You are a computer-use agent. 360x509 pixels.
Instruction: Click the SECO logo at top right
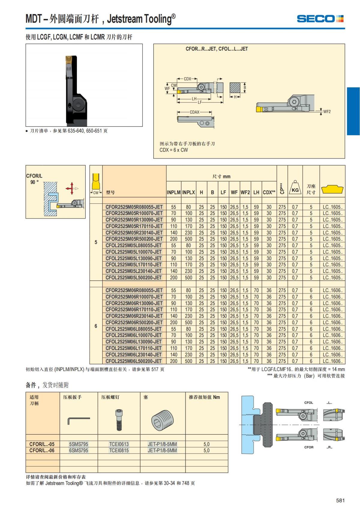click(x=320, y=19)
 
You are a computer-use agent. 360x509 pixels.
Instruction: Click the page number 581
click(x=340, y=500)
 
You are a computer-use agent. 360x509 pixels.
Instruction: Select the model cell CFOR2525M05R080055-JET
click(x=134, y=207)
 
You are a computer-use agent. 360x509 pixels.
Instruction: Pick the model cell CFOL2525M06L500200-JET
click(x=134, y=361)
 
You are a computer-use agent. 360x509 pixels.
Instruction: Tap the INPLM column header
click(x=174, y=193)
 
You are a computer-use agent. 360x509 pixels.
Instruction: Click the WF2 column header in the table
click(x=245, y=193)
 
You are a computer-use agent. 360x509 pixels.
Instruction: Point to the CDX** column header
click(x=269, y=193)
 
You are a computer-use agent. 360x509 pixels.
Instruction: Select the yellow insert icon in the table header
click(x=332, y=190)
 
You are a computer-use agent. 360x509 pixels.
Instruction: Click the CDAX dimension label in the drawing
click(x=194, y=112)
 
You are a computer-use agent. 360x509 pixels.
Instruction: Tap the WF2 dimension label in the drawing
click(x=327, y=112)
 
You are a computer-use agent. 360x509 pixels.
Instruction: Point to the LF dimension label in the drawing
click(x=200, y=102)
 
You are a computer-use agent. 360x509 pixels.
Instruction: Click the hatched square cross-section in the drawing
click(x=235, y=88)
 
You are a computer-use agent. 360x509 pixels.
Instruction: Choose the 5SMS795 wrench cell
click(x=79, y=444)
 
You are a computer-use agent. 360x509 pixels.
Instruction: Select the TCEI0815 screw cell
click(x=119, y=451)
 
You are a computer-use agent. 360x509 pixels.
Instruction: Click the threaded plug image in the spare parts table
click(x=162, y=420)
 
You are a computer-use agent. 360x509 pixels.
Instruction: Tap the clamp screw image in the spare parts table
click(x=119, y=420)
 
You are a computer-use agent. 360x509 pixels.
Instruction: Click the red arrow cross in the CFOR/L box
click(x=71, y=188)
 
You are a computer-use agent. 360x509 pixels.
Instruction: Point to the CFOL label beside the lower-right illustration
click(x=309, y=403)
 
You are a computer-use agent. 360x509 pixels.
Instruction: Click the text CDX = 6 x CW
click(x=174, y=150)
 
